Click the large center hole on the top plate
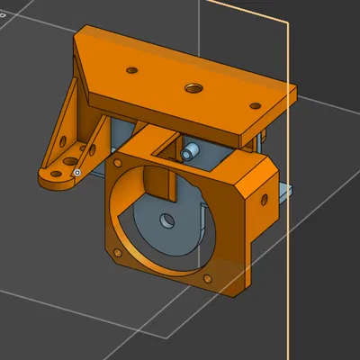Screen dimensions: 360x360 [193, 88]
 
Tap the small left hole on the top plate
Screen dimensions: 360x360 [132, 68]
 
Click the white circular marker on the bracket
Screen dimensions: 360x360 [77, 172]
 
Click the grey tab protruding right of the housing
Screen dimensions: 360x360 [284, 190]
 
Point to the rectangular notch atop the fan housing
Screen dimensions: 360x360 [162, 144]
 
